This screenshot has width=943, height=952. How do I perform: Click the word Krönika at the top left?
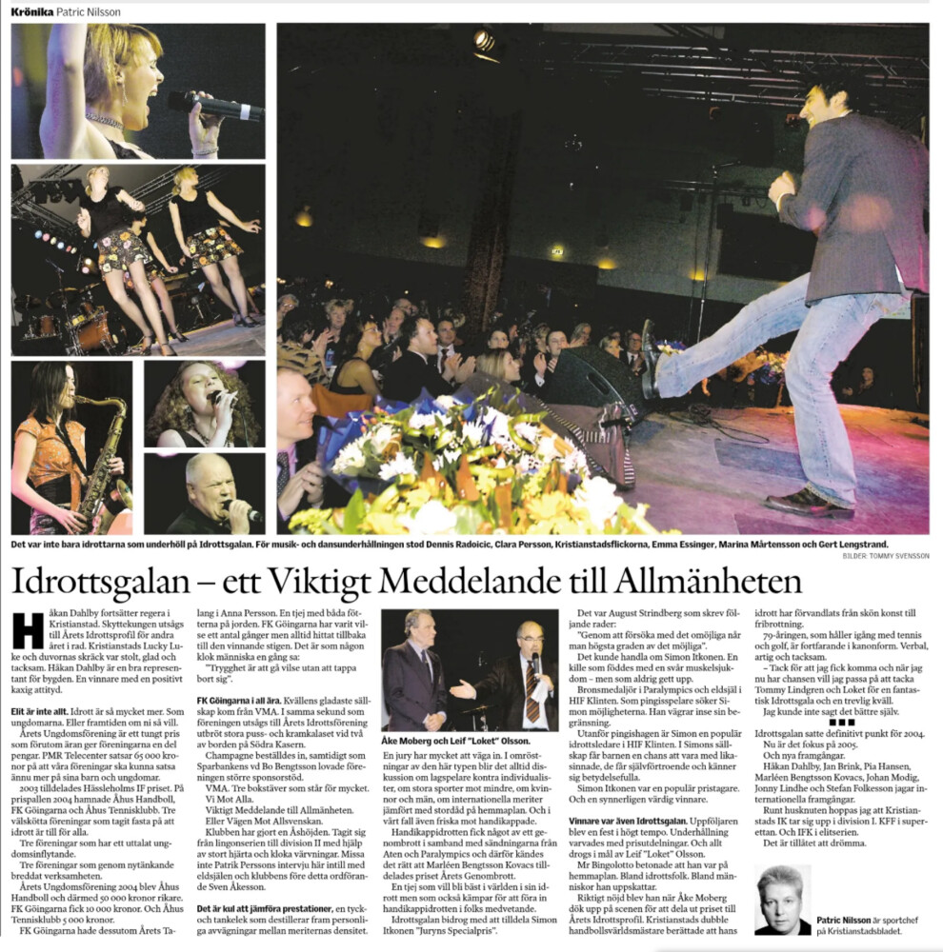coord(31,10)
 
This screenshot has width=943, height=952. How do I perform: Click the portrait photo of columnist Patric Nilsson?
coord(782,899)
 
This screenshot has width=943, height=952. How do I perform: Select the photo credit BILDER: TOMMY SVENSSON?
coord(882,555)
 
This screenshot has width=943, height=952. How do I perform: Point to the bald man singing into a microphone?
coord(208,492)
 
